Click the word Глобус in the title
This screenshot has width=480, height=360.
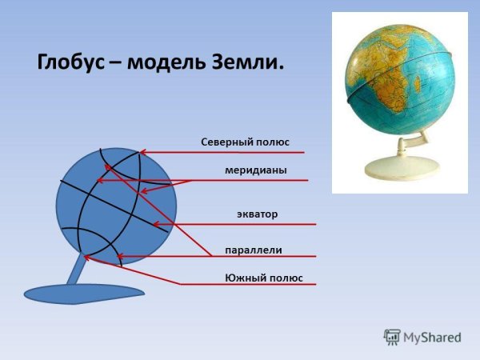[70, 63]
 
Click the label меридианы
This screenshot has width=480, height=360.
[255, 170]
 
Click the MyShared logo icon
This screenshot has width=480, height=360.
[392, 337]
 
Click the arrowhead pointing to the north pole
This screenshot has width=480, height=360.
[142, 152]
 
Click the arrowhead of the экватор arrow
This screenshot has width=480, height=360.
[156, 224]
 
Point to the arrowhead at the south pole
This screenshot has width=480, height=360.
[88, 258]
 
